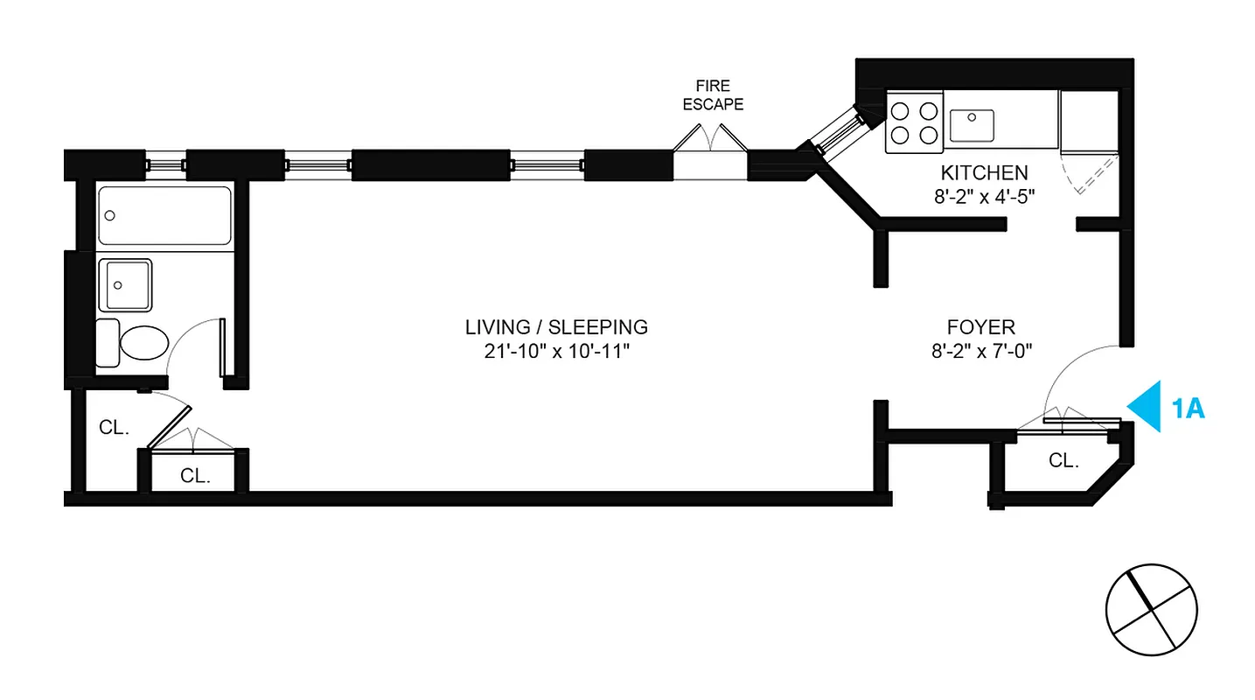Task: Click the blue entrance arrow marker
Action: pos(1145,406)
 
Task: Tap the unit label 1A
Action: pos(1188,408)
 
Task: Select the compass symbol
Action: pos(1150,610)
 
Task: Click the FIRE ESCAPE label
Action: pos(713,95)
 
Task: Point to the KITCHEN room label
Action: pos(984,172)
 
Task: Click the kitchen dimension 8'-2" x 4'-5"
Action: pos(984,196)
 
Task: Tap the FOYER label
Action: pos(980,327)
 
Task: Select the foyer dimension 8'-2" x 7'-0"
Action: pos(980,352)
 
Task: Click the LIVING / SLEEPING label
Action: pos(556,327)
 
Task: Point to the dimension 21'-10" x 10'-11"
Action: pos(556,352)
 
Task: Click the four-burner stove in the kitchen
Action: pos(914,122)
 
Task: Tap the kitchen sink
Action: pos(971,124)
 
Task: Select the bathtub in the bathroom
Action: pos(164,215)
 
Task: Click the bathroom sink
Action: pos(125,284)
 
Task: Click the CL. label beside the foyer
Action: pos(1063,460)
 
